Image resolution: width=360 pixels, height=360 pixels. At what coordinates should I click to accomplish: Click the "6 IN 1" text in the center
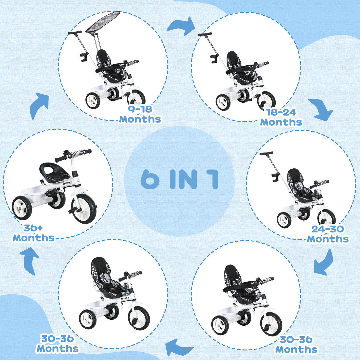click(179, 179)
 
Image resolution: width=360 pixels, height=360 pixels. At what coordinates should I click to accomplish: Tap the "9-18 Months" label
click(140, 114)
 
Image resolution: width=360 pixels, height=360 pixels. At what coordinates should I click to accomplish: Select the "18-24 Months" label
click(281, 117)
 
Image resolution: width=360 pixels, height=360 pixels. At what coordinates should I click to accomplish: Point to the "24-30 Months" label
click(328, 234)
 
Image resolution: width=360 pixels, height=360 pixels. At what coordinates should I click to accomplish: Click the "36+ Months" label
click(33, 233)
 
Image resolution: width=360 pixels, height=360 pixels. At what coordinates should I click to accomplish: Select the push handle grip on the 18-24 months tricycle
click(205, 34)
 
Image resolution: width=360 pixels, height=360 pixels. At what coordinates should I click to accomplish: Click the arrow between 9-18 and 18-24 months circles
click(181, 26)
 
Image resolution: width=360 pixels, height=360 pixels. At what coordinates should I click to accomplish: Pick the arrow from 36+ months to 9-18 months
click(38, 105)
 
